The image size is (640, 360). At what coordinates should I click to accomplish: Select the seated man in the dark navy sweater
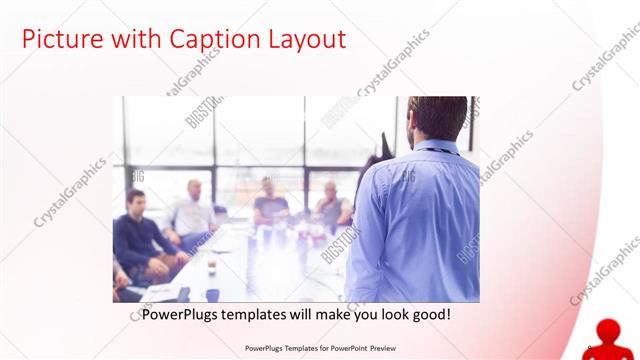point(140,235)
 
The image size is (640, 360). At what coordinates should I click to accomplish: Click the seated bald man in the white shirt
point(193,210)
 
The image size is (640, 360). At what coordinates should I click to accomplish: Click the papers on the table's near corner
point(160,292)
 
